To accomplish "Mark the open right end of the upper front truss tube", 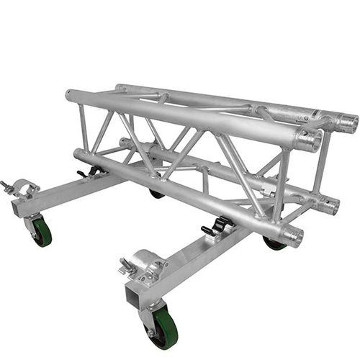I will pos(310,140).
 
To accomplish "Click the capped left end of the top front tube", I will pos(68,95).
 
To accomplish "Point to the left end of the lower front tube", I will pos(78,154).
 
